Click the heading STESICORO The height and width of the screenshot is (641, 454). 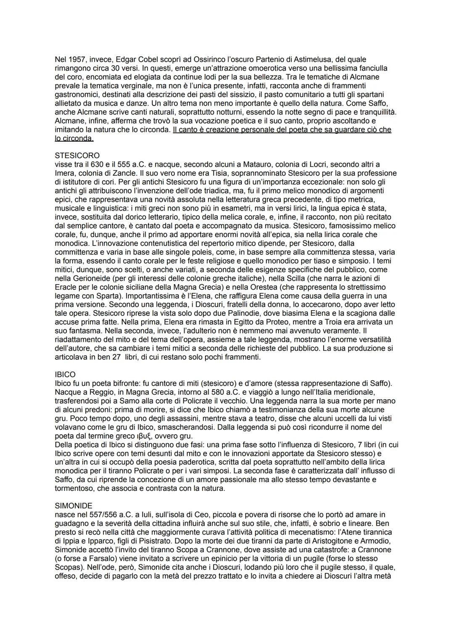pyautogui.click(x=77, y=156)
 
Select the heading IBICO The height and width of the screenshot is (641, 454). pyautogui.click(x=65, y=375)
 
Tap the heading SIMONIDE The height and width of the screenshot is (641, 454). pyautogui.click(x=74, y=506)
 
